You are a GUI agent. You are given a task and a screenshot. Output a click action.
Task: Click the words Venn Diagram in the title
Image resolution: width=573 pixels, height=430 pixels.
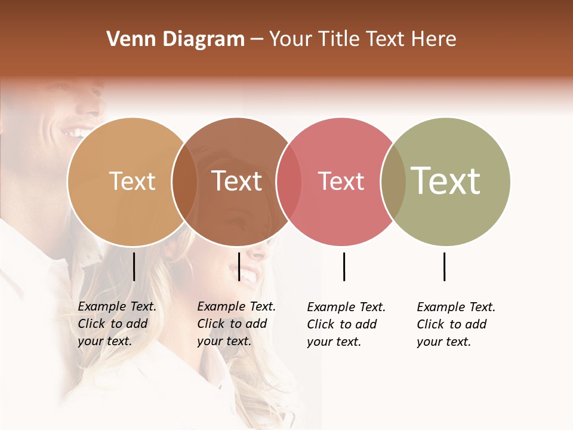[x=175, y=39]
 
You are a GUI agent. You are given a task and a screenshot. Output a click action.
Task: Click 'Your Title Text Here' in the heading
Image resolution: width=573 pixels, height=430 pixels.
[x=362, y=39]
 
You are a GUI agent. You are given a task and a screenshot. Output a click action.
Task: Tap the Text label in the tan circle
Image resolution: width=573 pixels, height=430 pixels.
[x=133, y=181]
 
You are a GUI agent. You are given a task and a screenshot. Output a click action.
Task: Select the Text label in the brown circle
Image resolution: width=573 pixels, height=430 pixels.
[x=237, y=181]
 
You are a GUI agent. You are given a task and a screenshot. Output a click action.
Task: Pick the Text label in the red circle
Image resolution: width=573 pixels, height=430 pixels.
[x=341, y=181]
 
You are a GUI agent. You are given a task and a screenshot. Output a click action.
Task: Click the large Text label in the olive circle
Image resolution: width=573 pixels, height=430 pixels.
[x=446, y=181]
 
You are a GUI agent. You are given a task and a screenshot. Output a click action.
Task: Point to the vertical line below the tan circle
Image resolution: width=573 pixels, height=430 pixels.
[x=134, y=266]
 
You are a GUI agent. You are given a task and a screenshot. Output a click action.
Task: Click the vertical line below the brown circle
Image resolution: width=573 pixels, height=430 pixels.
[x=239, y=266]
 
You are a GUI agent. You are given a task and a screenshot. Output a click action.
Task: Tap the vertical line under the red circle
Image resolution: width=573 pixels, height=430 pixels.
[x=344, y=266]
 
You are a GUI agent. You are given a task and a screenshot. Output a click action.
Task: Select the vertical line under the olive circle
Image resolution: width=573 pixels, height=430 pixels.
[x=444, y=266]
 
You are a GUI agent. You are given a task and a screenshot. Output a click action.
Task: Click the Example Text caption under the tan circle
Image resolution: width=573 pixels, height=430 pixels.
[x=116, y=324]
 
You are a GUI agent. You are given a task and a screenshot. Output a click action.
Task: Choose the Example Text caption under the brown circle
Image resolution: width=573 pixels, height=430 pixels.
[x=236, y=324]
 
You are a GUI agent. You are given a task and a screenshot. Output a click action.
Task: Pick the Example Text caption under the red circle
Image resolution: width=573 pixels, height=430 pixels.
[x=346, y=324]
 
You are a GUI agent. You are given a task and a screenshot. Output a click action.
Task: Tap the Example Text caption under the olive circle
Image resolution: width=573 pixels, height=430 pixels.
[x=455, y=324]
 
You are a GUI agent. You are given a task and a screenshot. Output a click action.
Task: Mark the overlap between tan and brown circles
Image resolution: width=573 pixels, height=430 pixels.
[x=184, y=181]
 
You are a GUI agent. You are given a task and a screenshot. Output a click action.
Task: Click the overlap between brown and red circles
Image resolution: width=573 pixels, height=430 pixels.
[x=289, y=181]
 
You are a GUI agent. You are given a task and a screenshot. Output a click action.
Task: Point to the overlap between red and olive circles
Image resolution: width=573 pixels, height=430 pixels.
[x=393, y=181]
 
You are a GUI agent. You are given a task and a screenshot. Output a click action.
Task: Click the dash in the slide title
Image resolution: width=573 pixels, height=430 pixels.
[x=257, y=40]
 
